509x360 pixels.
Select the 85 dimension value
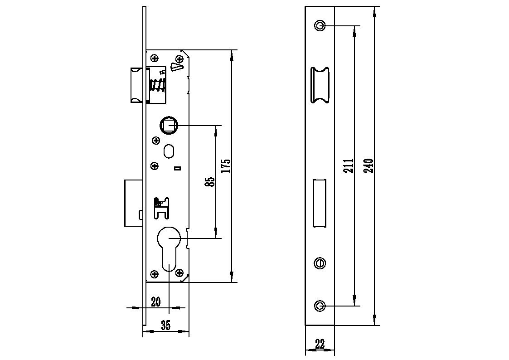pos(210,181)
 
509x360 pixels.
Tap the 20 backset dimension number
pos(156,302)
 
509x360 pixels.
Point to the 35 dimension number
pos(165,325)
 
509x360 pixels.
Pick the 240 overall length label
pos(368,166)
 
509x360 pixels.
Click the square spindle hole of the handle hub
pos(169,125)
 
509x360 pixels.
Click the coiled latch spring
pos(157,85)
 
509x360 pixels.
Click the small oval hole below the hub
pos(170,151)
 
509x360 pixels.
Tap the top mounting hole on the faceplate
pos(320,25)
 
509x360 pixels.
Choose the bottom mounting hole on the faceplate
pos(320,306)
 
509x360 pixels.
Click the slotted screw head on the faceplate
pos(320,263)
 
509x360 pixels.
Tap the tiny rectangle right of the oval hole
pos(178,169)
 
